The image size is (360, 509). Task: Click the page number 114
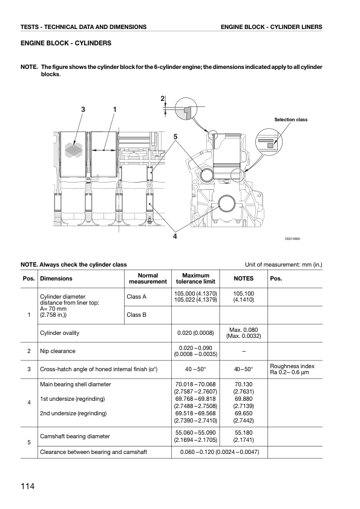pos(27,486)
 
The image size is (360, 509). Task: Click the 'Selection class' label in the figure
pos(291,120)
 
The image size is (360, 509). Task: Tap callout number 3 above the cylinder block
pos(83,109)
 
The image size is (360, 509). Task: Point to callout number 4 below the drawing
pos(175,236)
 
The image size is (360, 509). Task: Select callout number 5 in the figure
pos(175,137)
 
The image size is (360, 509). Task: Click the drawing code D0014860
pos(292,239)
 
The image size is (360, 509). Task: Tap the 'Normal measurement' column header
pos(148,279)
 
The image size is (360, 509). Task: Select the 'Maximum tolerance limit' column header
pos(195,279)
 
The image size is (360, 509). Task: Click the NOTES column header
pos(244,279)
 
